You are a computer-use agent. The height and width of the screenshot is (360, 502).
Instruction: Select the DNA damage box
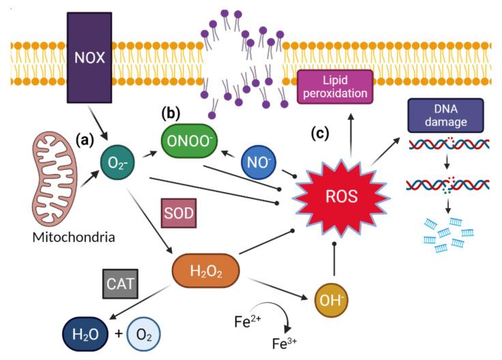tap(445, 115)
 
